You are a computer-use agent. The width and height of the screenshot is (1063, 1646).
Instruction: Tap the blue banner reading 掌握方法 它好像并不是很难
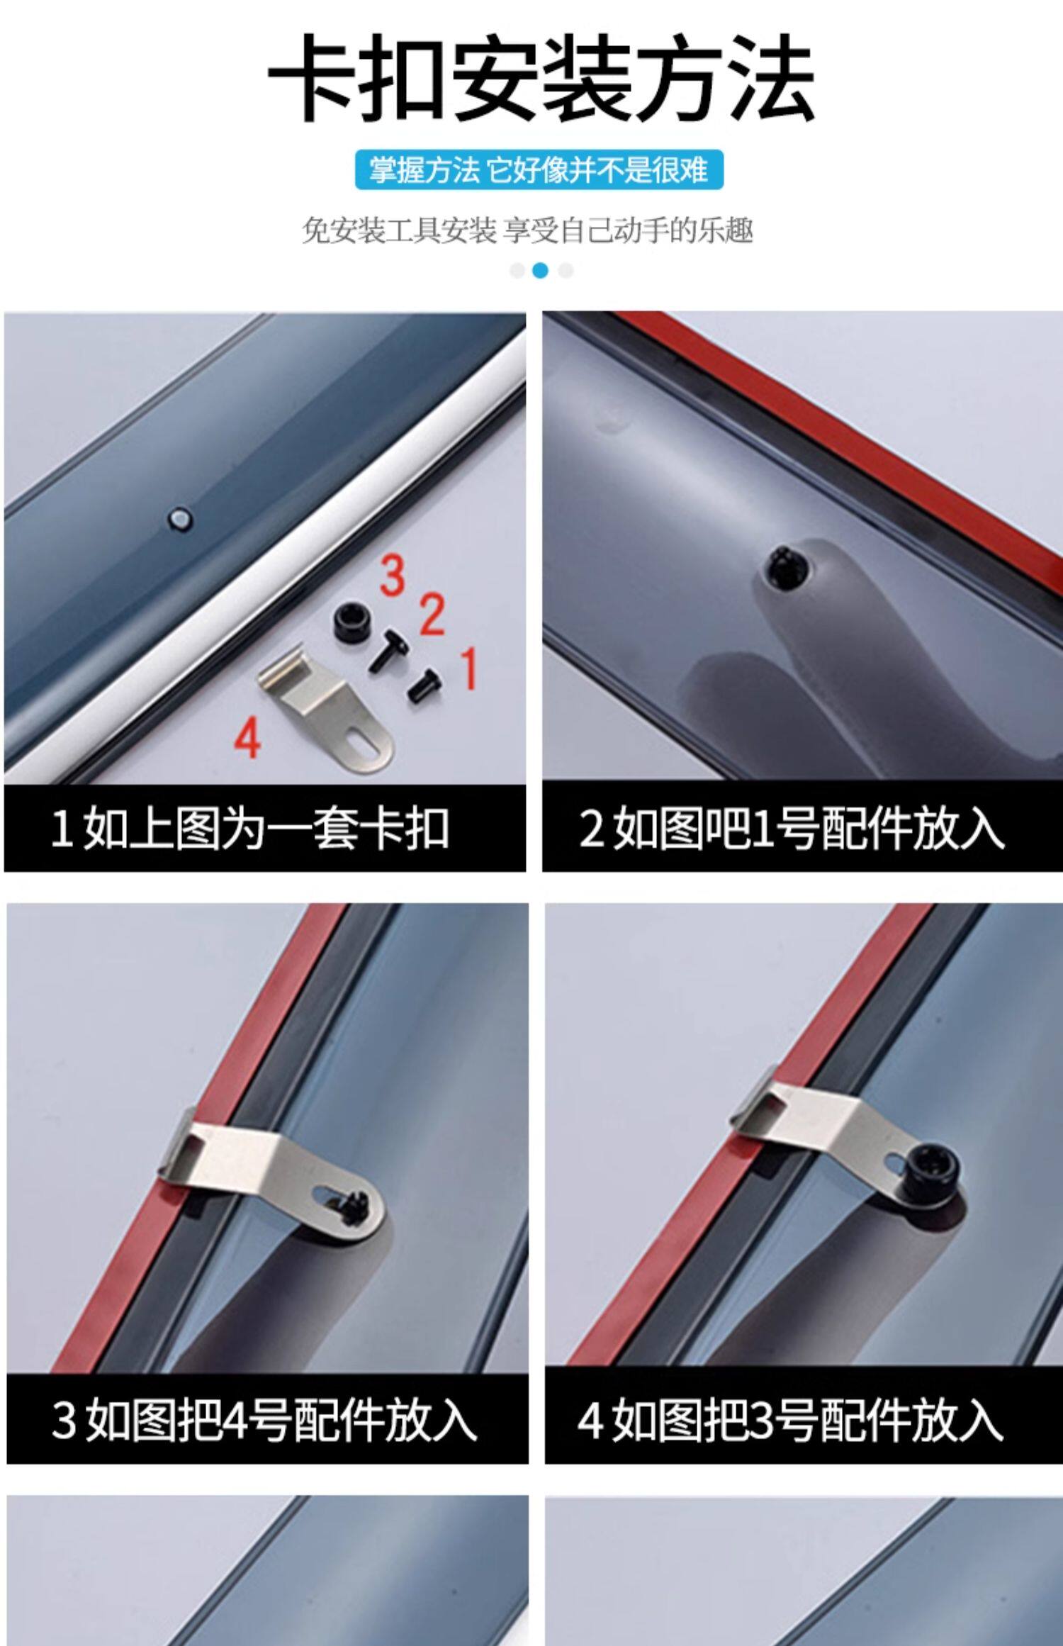pyautogui.click(x=539, y=170)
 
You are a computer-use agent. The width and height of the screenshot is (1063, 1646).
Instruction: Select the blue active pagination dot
pyautogui.click(x=540, y=271)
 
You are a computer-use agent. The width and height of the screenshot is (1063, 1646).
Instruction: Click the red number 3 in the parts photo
pyautogui.click(x=392, y=575)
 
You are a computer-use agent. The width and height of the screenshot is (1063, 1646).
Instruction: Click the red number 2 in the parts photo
pyautogui.click(x=432, y=615)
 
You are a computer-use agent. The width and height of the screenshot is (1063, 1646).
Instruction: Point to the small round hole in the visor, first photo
pyautogui.click(x=181, y=518)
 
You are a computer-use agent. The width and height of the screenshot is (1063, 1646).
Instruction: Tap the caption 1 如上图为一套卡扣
pyautogui.click(x=250, y=829)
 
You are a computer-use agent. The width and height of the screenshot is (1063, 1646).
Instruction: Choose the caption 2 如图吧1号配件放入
pyautogui.click(x=791, y=828)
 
